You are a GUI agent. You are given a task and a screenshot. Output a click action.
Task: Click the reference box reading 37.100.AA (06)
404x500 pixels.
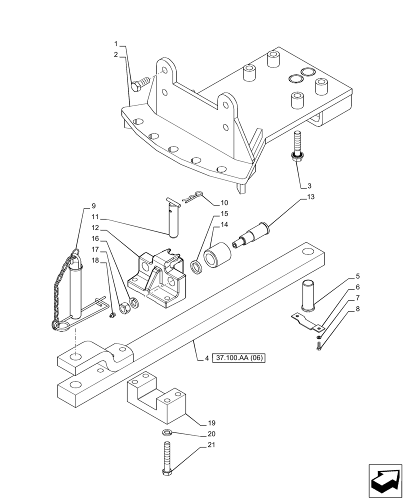[239, 358]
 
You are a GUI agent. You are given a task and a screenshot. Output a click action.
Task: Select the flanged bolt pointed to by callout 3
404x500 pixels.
[297, 147]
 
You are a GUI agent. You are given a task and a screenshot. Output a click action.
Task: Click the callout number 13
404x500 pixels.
[311, 197]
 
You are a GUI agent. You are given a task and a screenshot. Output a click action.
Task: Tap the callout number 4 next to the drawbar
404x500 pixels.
[206, 358]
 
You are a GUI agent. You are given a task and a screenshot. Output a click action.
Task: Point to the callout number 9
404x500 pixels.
[93, 205]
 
